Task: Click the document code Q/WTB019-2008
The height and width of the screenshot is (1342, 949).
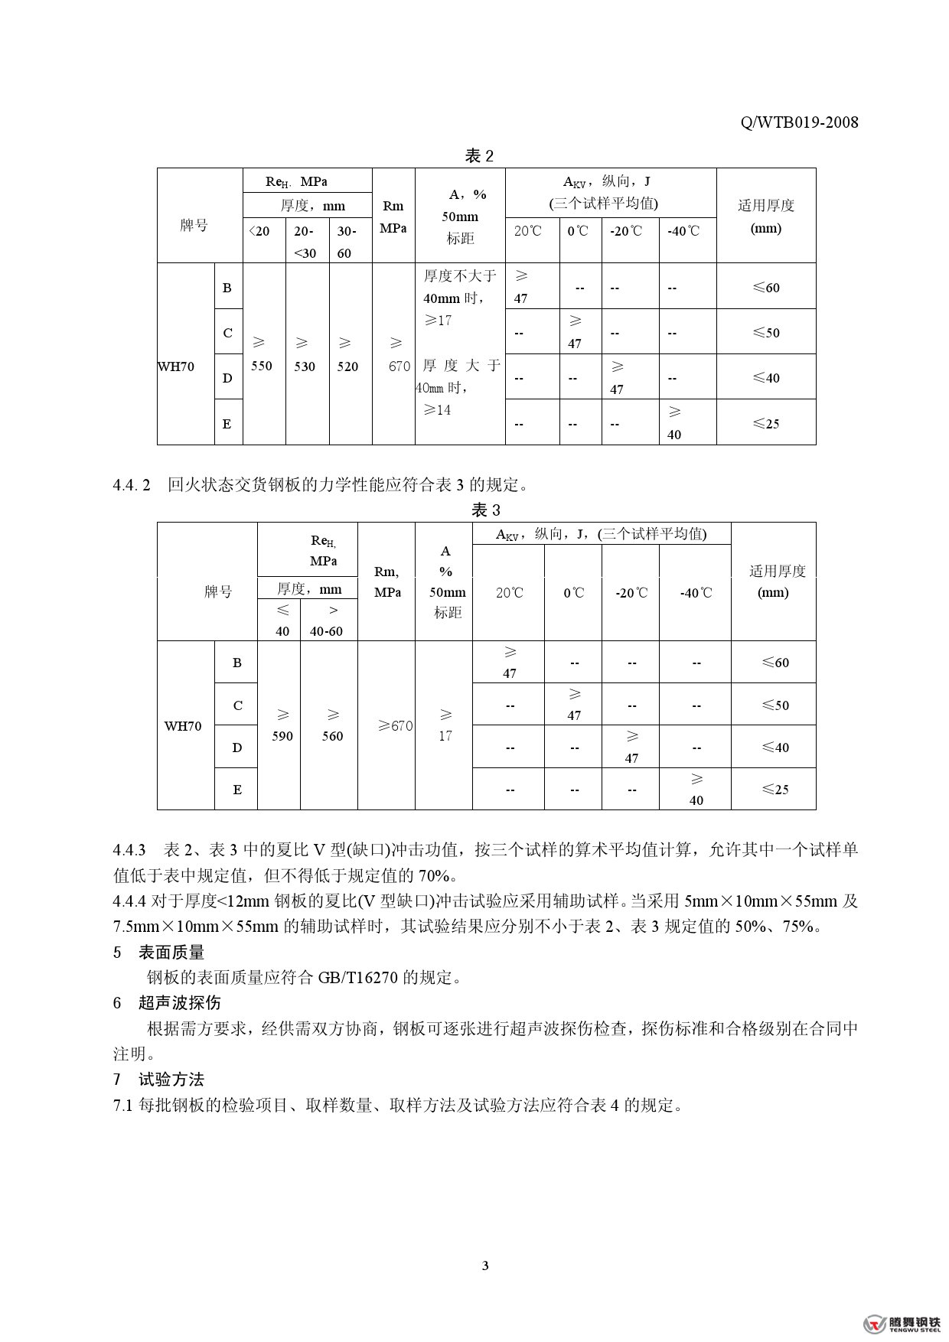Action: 800,122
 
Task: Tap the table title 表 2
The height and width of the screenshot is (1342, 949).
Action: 479,156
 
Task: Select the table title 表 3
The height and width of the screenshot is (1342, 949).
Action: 485,510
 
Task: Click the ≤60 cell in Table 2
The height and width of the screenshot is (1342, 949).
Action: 766,288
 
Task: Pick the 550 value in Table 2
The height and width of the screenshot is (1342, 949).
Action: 262,366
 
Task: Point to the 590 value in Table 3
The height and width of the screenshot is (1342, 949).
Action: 282,736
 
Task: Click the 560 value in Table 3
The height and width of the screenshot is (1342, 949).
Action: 332,736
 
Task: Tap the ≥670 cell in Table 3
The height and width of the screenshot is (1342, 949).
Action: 395,725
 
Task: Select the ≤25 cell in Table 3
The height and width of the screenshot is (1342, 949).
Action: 775,790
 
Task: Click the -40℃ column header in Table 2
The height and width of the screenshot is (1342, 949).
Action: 683,231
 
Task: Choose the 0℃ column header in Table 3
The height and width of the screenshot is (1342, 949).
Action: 573,593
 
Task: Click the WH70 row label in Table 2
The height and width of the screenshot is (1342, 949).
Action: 177,366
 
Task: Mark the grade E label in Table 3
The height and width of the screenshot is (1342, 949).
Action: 237,790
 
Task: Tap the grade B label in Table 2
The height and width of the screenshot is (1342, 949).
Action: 227,288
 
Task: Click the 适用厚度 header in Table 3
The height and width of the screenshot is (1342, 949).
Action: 777,571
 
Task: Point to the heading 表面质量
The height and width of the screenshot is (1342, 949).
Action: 171,953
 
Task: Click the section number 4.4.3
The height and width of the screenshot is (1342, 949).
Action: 129,850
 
